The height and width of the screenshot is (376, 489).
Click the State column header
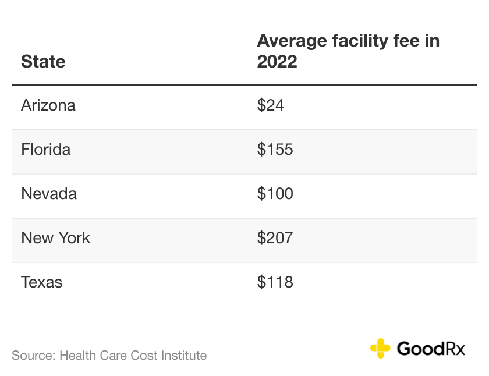(43, 62)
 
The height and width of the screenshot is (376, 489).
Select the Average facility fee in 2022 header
(348, 51)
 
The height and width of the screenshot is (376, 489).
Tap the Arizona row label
(48, 105)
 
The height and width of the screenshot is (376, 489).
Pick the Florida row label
(46, 150)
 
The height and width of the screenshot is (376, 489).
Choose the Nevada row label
(49, 194)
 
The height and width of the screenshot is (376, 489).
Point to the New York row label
(56, 238)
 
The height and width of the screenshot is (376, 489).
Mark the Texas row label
(42, 282)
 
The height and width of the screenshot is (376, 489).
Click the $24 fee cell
(270, 105)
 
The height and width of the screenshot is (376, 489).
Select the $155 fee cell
(275, 150)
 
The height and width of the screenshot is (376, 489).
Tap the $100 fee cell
(275, 194)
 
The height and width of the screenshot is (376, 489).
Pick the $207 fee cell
(275, 238)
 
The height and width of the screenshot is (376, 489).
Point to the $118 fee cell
(275, 282)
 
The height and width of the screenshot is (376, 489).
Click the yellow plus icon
(380, 348)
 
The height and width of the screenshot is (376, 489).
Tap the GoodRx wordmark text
(431, 349)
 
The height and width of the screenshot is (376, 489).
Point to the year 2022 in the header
(277, 62)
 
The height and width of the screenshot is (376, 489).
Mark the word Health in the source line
(79, 355)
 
